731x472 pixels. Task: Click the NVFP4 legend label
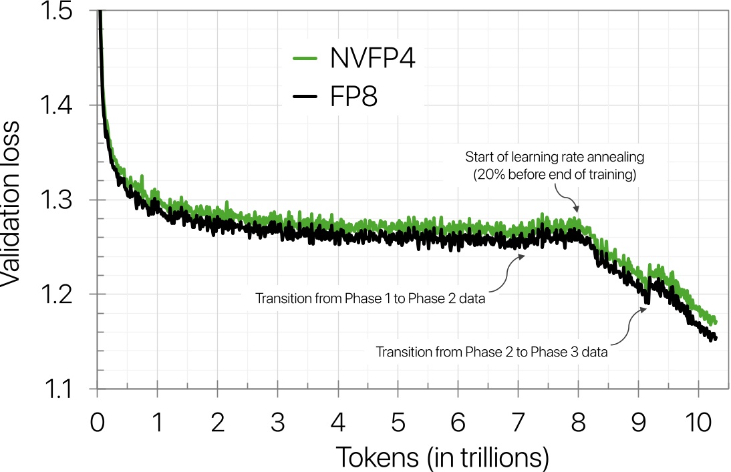point(373,59)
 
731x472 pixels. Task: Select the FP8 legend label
point(353,98)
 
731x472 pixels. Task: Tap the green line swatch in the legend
point(308,59)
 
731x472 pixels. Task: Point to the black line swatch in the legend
point(308,98)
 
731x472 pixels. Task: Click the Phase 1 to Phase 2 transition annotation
point(370,296)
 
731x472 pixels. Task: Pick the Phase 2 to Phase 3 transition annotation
point(492,352)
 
